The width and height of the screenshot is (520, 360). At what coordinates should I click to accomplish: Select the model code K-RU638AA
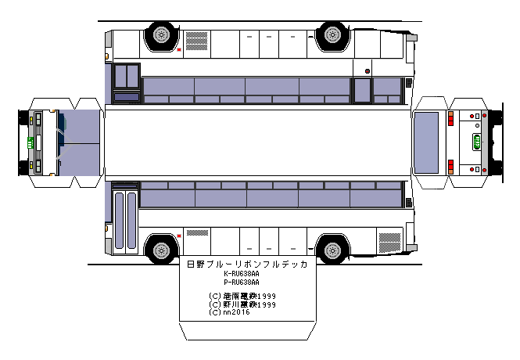(x=242, y=274)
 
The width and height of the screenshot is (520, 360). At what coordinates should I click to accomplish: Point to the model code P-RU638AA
(x=242, y=282)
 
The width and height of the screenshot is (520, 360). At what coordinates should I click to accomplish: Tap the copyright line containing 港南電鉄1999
(x=243, y=296)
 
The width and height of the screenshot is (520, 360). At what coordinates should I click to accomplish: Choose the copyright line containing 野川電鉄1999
(x=243, y=304)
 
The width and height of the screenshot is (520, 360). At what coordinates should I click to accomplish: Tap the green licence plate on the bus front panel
(x=30, y=142)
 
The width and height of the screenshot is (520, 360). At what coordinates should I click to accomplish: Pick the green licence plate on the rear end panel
(x=476, y=142)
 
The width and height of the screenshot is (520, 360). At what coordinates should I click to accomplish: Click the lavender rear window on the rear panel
(x=426, y=142)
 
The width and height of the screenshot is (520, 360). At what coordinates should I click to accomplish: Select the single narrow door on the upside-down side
(x=361, y=90)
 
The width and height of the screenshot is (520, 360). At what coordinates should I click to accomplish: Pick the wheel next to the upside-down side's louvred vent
(x=160, y=34)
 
